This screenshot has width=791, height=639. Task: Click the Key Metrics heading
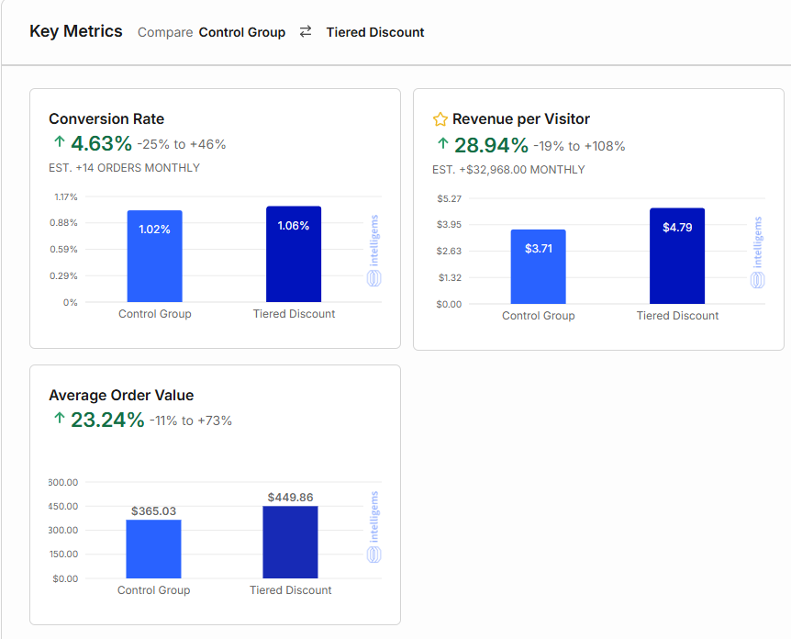75,31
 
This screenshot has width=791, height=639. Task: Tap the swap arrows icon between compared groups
306,31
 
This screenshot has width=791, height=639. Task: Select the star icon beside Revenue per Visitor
440,119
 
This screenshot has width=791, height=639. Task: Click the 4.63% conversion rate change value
102,143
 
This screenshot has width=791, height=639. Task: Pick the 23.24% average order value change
107,420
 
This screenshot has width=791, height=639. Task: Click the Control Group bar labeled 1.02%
154,256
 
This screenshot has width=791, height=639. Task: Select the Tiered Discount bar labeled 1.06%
294,254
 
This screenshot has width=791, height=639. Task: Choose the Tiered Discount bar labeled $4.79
677,256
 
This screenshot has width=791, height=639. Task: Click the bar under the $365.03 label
153,549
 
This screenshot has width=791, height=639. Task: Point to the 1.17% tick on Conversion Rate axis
66,197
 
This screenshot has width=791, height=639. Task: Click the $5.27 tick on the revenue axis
449,198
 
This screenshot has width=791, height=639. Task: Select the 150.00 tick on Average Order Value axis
63,555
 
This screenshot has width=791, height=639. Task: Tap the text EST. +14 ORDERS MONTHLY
124,168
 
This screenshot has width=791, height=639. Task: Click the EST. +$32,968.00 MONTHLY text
508,170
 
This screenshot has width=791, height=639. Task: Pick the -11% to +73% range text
191,420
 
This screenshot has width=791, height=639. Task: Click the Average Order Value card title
121,396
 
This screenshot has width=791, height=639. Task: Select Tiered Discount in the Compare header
375,32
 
